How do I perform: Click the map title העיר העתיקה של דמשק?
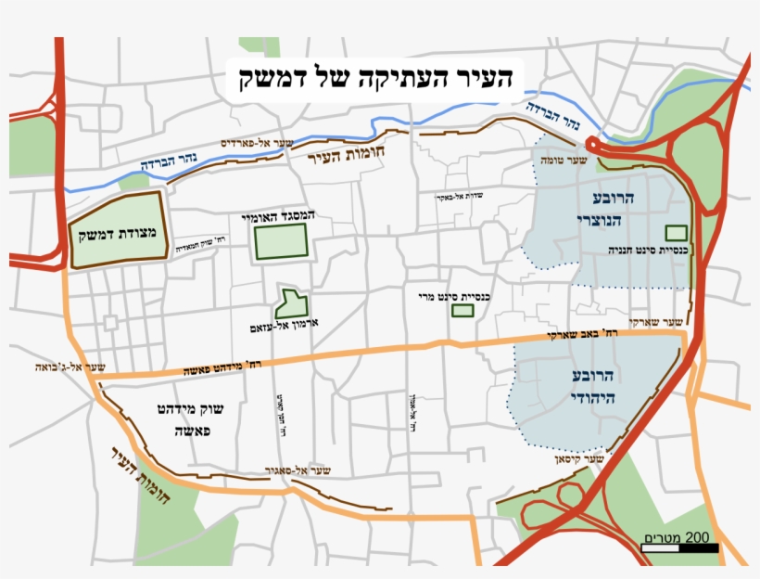[374, 77]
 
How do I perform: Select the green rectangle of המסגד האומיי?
[279, 241]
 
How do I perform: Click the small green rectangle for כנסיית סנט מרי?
[462, 311]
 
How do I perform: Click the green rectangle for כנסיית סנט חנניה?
[678, 231]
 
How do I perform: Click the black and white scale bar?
[678, 547]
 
